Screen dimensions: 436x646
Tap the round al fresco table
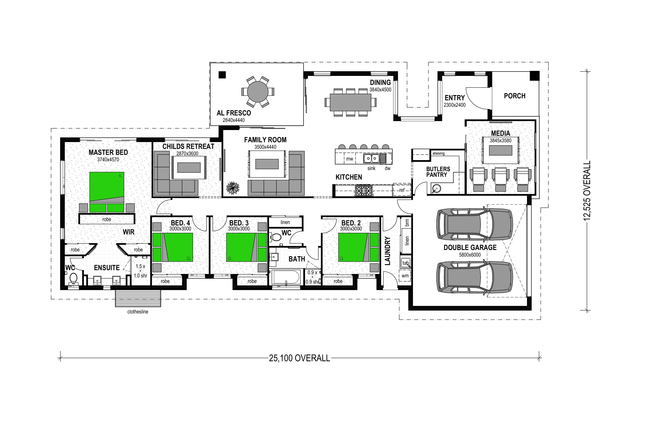pos(258,92)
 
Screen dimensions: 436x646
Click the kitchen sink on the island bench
pos(371,159)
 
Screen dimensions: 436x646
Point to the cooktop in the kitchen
pos(363,191)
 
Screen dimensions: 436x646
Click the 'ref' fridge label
pos(402,190)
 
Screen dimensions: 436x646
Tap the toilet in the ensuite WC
pos(73,278)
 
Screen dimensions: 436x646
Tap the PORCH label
pos(515,96)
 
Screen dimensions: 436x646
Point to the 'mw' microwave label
pos(349,159)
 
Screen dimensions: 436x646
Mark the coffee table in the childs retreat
pos(189,168)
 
